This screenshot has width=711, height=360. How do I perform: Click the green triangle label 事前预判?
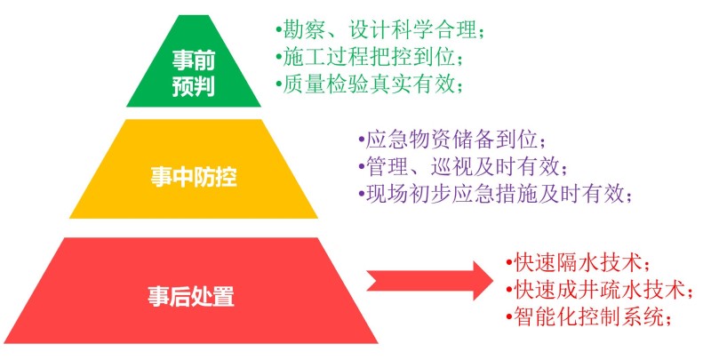pos(193,73)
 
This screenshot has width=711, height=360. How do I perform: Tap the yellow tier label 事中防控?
pos(194,176)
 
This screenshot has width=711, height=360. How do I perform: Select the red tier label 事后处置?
pos(191,296)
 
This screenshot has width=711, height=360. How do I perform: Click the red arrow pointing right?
pos(430,280)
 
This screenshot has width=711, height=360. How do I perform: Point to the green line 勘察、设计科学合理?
pos(380,30)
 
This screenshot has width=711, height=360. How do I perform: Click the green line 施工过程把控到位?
pos(370,57)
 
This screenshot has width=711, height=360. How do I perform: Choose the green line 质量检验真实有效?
pos(370,84)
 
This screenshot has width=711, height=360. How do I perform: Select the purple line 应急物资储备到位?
pos(452,140)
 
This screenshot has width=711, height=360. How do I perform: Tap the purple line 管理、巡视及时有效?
pos(463,166)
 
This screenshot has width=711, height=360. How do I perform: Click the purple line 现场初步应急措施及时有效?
pos(495,194)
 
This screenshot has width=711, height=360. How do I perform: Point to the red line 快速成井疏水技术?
pos(599,290)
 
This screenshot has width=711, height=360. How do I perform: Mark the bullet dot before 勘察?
pos(278,31)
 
